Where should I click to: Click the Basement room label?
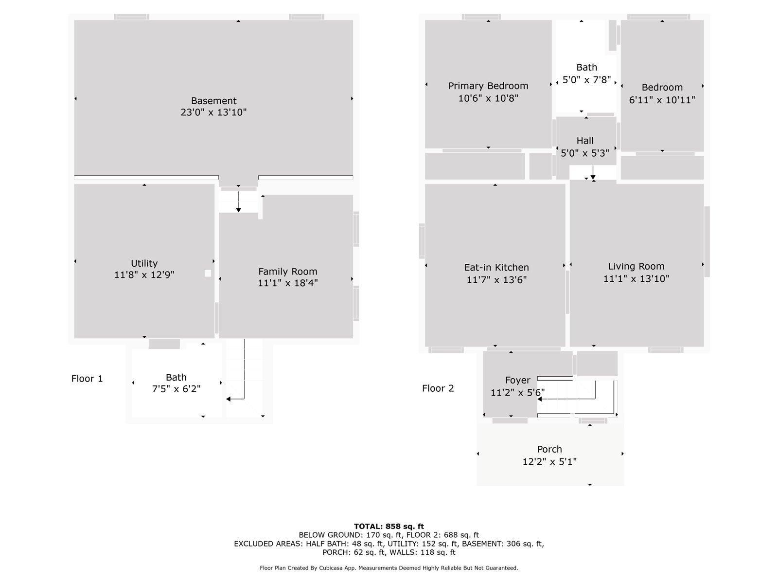click(213, 101)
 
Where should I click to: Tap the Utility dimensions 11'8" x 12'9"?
click(144, 275)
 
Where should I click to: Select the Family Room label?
click(287, 272)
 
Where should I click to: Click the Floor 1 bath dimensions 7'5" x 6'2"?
click(176, 389)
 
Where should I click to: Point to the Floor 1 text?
click(87, 379)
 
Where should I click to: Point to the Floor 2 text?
click(438, 388)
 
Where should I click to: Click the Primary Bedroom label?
click(488, 86)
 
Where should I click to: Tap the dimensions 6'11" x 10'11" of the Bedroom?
click(662, 100)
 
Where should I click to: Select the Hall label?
click(585, 141)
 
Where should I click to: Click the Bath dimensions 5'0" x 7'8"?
click(586, 80)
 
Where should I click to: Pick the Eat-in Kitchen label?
click(496, 267)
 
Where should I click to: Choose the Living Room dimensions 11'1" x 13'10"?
click(636, 278)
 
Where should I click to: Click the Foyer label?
click(517, 380)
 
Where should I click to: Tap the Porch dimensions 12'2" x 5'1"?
click(549, 461)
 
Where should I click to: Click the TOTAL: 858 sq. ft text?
click(389, 526)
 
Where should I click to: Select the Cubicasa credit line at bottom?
click(389, 568)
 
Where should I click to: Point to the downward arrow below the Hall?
click(593, 176)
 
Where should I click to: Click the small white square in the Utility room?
click(208, 274)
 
